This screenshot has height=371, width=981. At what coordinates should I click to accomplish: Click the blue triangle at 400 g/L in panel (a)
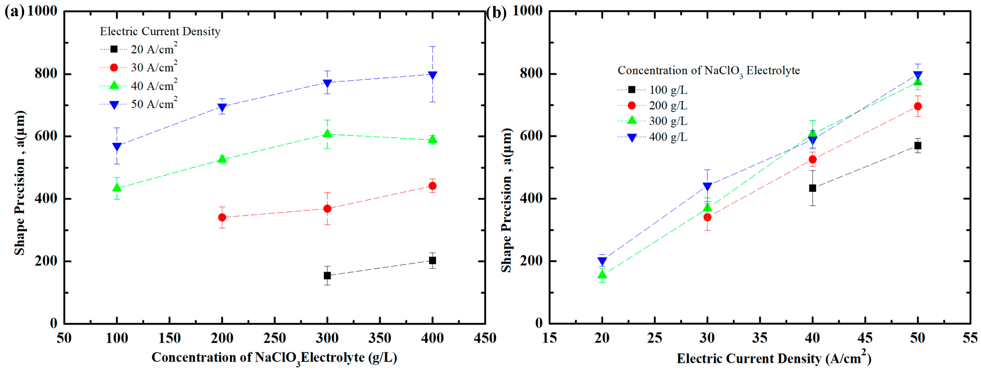point(432,75)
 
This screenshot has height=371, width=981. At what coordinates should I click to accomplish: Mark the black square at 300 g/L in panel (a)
point(327,275)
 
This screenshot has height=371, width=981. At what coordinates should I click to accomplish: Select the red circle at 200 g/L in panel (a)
point(222,217)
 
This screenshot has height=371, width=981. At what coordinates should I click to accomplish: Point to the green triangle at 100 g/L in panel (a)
point(117,188)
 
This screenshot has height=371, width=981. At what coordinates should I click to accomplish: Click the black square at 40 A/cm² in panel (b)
point(812,188)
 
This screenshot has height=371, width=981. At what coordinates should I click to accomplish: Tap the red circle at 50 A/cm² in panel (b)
point(918,106)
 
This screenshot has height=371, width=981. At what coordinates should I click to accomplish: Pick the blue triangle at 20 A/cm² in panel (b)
point(602,261)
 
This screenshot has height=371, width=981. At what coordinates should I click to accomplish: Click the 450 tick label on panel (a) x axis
point(485,338)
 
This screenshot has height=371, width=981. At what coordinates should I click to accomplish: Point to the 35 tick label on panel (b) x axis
point(760,338)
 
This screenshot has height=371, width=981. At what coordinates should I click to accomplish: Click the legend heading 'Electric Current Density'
point(160,31)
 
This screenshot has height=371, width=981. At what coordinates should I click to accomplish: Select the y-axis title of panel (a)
point(20,183)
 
